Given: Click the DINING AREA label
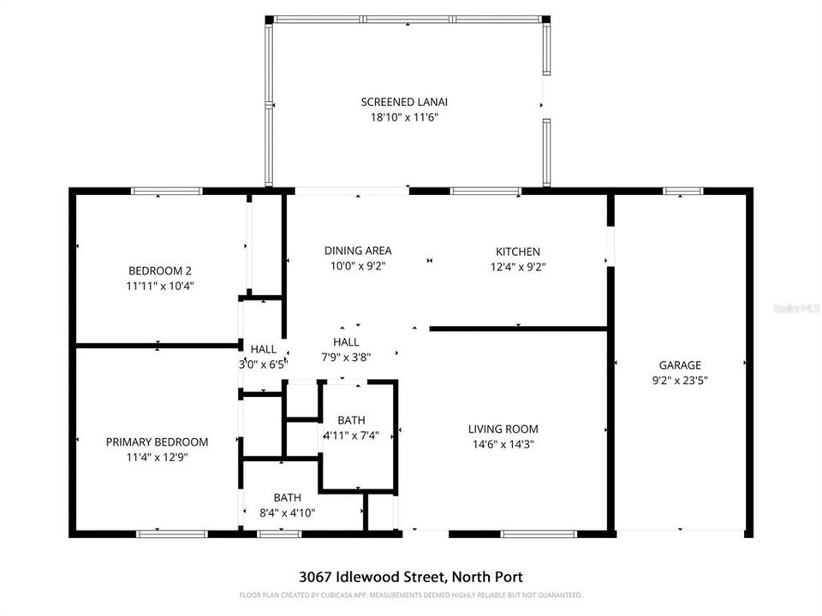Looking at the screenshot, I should coord(358,251).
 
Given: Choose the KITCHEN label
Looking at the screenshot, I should coord(518,252).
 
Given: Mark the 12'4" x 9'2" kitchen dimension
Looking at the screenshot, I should coord(518,267).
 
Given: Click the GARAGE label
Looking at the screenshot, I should coord(680,364).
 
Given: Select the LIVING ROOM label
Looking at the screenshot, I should coord(503,429).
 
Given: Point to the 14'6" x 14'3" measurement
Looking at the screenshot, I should coord(503,444).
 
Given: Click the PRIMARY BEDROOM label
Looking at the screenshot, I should coord(157,442).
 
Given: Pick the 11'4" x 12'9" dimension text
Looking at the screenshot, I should coord(157,458).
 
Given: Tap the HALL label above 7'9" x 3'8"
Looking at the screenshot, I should coord(346,342).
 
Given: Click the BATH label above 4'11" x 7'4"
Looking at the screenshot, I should coord(351,420).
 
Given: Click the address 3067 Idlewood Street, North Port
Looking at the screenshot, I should coord(410,577).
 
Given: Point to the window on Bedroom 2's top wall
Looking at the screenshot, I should coord(166,191).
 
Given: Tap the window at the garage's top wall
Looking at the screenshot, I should coord(677,191).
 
